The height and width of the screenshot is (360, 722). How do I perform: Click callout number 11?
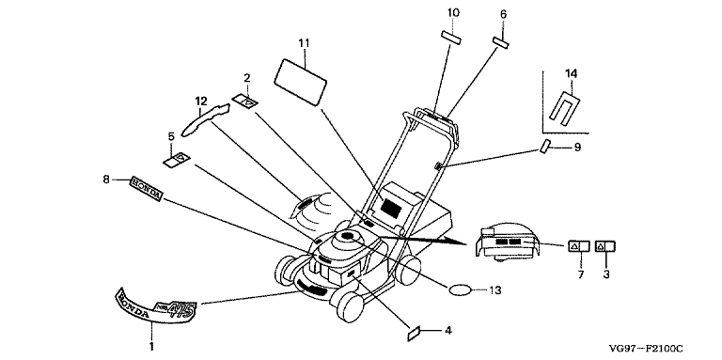[303, 44]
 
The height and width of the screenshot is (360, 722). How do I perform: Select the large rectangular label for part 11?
[300, 82]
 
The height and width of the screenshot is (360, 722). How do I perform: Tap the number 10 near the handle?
[453, 13]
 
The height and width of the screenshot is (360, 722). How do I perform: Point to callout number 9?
[577, 148]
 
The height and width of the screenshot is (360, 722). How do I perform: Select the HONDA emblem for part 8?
[146, 188]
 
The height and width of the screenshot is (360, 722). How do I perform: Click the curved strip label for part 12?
[205, 118]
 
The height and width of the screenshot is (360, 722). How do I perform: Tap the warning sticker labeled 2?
[244, 102]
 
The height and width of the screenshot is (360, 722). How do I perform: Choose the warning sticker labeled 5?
[177, 160]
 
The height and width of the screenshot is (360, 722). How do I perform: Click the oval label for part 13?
[461, 290]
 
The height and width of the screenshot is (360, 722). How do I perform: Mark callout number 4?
[447, 330]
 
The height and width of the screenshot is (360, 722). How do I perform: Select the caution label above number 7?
[579, 246]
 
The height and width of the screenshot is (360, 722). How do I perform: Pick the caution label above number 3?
[605, 246]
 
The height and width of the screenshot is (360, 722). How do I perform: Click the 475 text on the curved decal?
[180, 309]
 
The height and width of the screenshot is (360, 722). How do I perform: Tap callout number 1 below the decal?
[152, 344]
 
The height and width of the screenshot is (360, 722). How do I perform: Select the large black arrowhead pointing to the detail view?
[455, 242]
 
